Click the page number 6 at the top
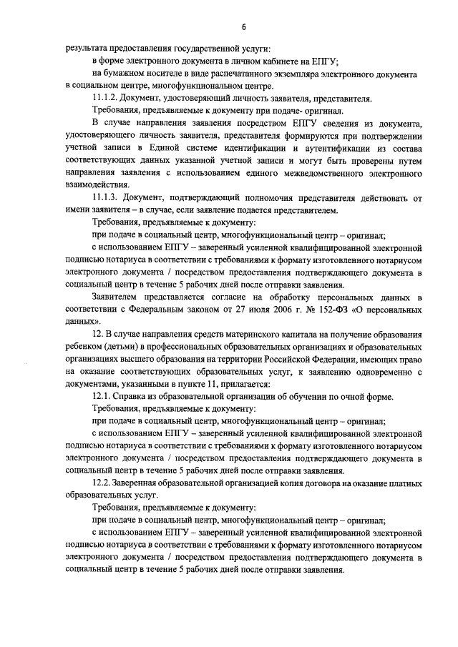tap(243, 27)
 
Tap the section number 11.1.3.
tap(107, 197)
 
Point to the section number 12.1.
tap(103, 396)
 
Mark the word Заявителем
tap(117, 297)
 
